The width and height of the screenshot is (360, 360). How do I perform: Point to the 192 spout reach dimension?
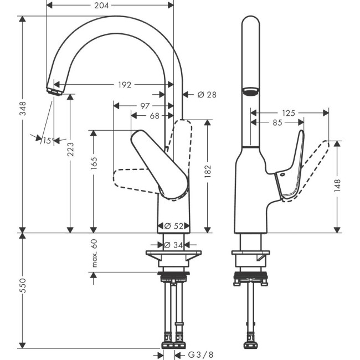(x=125, y=85)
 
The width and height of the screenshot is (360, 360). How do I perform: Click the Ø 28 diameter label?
(x=206, y=95)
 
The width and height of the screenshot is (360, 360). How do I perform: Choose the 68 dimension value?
(x=154, y=116)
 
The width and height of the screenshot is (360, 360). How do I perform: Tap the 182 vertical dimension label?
(x=207, y=172)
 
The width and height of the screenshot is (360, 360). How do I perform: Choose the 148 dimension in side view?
(x=337, y=184)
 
